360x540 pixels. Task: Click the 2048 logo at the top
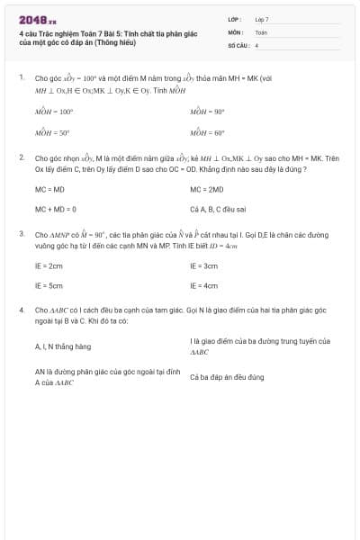[x=37, y=20]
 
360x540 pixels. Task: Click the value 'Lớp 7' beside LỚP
[x=262, y=19]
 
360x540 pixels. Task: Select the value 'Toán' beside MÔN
[x=261, y=31]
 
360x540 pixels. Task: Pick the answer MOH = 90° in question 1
[x=208, y=112]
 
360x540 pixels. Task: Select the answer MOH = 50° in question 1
[x=53, y=132]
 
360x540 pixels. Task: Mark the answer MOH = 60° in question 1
[x=208, y=132]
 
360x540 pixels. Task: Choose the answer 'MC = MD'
[x=50, y=190]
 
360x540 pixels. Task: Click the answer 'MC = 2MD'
[x=207, y=190]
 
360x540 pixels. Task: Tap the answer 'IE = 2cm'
[x=49, y=266]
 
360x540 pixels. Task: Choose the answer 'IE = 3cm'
[x=204, y=266]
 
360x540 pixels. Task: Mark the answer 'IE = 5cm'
[x=49, y=285]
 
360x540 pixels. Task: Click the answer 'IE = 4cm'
[x=204, y=285]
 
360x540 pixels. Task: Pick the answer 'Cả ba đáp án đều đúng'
[x=227, y=377]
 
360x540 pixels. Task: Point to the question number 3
[x=22, y=233]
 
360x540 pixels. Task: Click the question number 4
[x=22, y=310]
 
